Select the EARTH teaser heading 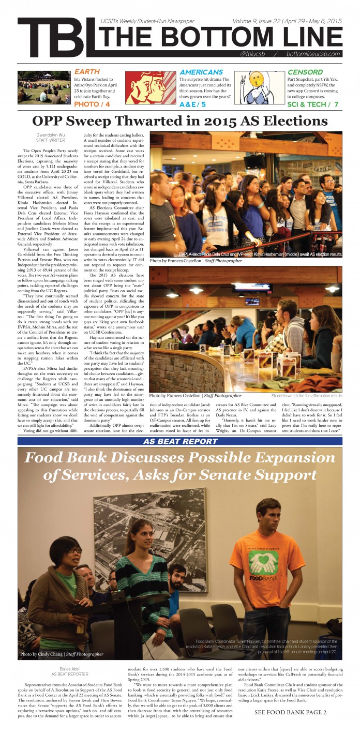pos(87,71)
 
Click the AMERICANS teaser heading pos(201,72)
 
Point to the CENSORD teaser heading pos(305,72)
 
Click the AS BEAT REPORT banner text pos(180,441)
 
